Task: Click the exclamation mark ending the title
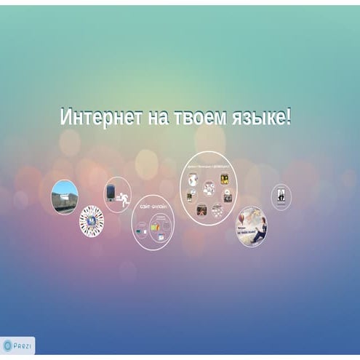289,117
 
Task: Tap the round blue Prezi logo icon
8,344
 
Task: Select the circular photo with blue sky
65,196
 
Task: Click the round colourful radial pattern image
91,220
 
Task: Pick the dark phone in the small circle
111,192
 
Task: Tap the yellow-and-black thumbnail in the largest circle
226,178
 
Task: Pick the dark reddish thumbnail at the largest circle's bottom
201,211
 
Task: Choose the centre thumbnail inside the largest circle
209,189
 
